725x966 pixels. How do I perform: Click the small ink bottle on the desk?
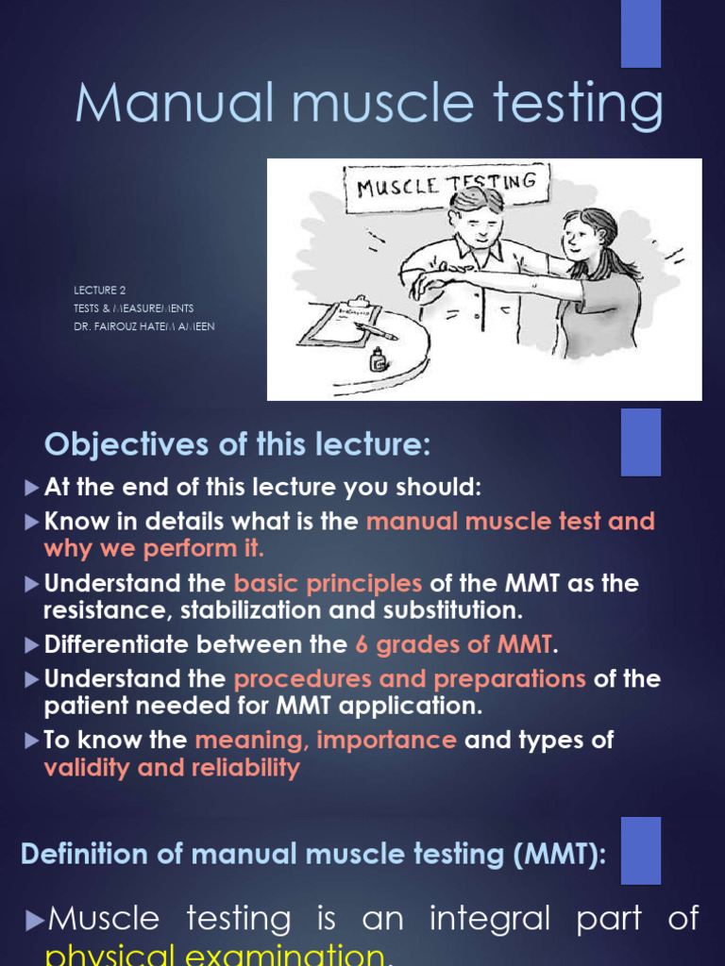(x=379, y=359)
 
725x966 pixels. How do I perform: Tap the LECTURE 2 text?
(x=100, y=291)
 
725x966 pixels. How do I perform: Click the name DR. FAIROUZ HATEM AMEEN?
(x=144, y=326)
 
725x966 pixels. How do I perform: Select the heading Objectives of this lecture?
(x=237, y=443)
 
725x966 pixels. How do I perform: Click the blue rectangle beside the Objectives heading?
(x=640, y=441)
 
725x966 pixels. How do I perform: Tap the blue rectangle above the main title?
(x=640, y=34)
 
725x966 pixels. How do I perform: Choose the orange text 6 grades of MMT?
(x=453, y=645)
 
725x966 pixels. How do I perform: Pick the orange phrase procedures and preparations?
(x=410, y=679)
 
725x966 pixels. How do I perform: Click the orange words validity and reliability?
(x=172, y=768)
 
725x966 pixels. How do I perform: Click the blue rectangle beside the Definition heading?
(x=640, y=850)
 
